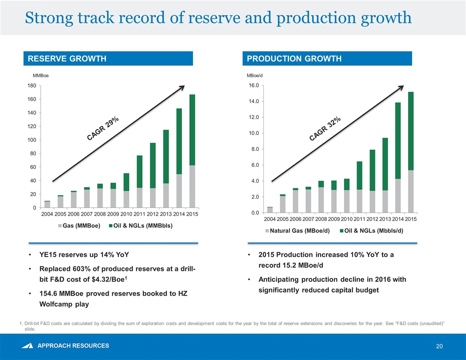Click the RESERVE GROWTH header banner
pos(109,59)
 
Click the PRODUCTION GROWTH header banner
pos(327,59)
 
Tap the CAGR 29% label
pos(103,129)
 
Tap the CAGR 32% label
pos(325,129)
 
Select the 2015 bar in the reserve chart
pos(192,151)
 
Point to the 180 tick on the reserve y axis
pos(31,86)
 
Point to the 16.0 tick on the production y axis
pos(253,86)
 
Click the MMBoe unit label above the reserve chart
pos(41,76)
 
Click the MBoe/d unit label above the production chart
pos(255,76)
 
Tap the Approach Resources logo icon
pos(29,346)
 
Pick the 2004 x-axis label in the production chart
pos(270,218)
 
